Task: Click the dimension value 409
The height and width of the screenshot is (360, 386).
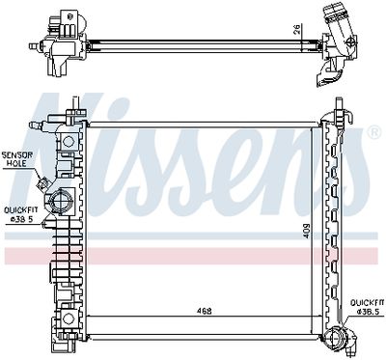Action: (x=308, y=231)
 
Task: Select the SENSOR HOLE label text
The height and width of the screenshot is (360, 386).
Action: (x=15, y=158)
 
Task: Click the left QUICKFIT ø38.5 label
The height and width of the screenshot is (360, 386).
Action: (x=18, y=212)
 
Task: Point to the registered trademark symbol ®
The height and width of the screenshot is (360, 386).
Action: (x=372, y=132)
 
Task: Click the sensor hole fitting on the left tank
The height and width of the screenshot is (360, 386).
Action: (x=43, y=180)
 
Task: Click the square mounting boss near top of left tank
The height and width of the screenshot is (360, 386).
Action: (x=69, y=141)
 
